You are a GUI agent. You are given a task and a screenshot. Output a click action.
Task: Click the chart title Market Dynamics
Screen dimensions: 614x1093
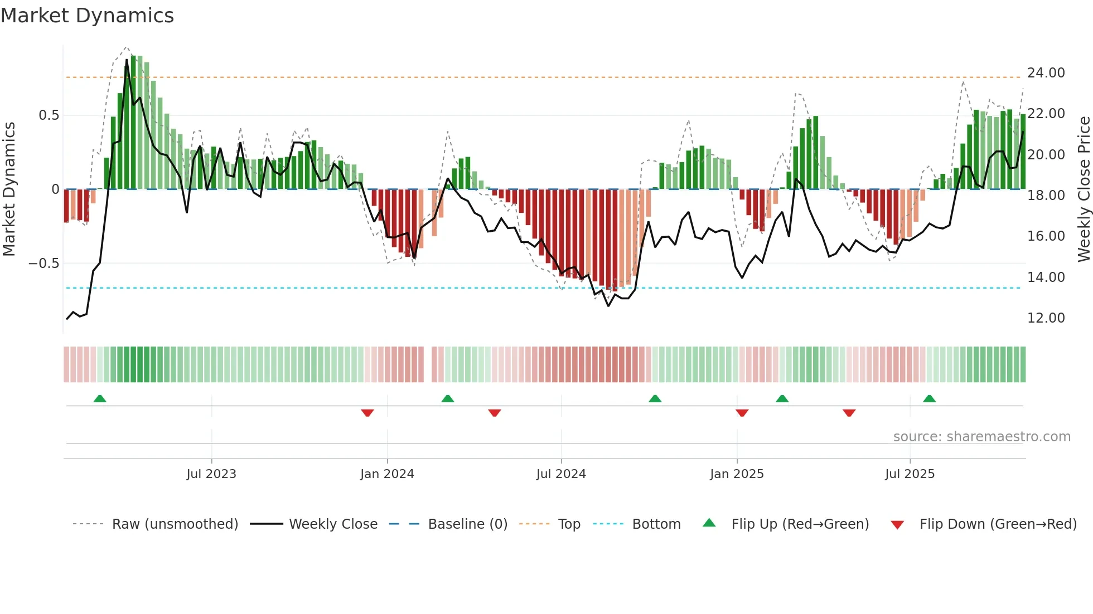coord(87,16)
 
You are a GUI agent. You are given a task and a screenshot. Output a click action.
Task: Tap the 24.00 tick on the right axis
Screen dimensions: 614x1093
coord(1046,73)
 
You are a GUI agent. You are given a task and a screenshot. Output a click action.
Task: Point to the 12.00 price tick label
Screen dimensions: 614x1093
coord(1046,318)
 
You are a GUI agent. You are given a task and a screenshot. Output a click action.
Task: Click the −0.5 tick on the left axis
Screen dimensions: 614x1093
coord(43,264)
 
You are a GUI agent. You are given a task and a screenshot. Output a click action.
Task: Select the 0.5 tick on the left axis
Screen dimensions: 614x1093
coord(49,115)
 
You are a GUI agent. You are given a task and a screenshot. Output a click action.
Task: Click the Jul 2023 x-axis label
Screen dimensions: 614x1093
coord(211,474)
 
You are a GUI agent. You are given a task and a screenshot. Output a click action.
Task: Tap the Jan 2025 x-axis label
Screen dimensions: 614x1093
coord(737,474)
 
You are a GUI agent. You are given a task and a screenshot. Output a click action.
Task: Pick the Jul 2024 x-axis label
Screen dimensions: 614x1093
coord(561,474)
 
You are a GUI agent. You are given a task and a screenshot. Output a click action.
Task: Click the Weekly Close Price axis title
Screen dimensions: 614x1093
coord(1084,189)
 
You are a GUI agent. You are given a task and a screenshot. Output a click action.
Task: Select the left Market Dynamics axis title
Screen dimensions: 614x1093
coord(9,189)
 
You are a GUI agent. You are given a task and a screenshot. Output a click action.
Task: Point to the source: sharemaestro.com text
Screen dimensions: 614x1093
coord(981,437)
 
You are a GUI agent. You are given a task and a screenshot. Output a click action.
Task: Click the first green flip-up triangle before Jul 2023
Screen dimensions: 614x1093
coord(100,399)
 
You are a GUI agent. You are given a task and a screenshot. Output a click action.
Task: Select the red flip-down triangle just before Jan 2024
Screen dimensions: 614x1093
coord(367,413)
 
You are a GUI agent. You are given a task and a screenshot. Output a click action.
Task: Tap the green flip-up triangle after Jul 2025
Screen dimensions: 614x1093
coord(929,399)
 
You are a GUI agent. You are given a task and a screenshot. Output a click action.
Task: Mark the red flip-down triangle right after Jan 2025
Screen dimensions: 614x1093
coord(742,413)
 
